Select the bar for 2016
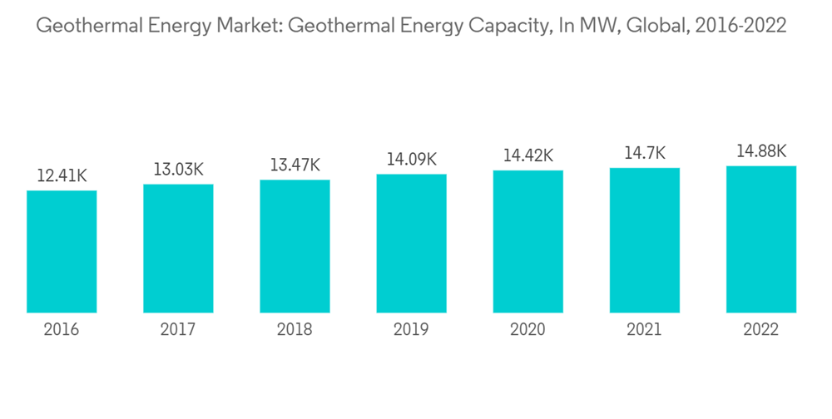pyautogui.click(x=62, y=252)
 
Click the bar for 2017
pyautogui.click(x=178, y=249)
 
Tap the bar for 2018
pyautogui.click(x=295, y=246)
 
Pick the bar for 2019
pyautogui.click(x=411, y=244)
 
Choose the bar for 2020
pyautogui.click(x=527, y=242)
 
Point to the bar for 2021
pyautogui.click(x=644, y=240)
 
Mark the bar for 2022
pyautogui.click(x=760, y=239)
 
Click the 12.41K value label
pyautogui.click(x=62, y=176)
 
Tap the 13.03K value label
pyautogui.click(x=178, y=170)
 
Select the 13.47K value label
pyautogui.click(x=295, y=165)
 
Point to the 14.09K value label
pyautogui.click(x=411, y=160)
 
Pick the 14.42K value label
pyautogui.click(x=527, y=156)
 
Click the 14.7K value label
pyautogui.click(x=644, y=154)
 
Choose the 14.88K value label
pyautogui.click(x=760, y=151)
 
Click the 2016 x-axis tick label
pyautogui.click(x=62, y=330)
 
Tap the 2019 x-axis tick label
pyautogui.click(x=411, y=330)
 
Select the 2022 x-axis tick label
pyautogui.click(x=760, y=330)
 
